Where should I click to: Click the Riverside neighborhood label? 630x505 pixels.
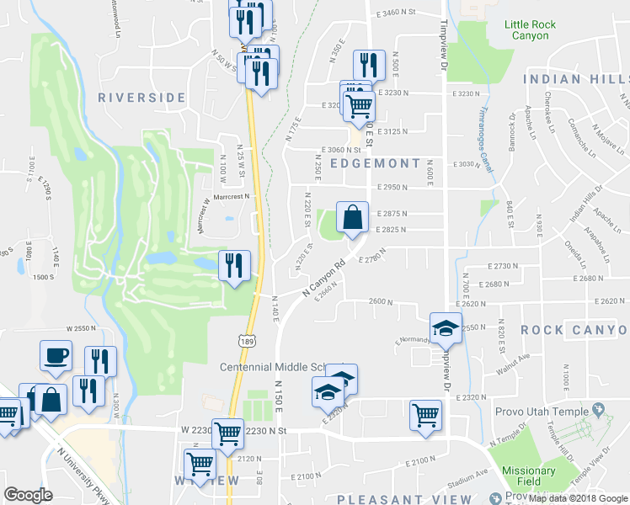(x=141, y=98)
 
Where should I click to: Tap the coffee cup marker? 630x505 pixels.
(x=56, y=354)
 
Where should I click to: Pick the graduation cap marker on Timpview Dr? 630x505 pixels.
(x=446, y=327)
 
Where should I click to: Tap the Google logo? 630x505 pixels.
(x=29, y=495)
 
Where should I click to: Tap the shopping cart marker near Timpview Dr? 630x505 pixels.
(x=425, y=414)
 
